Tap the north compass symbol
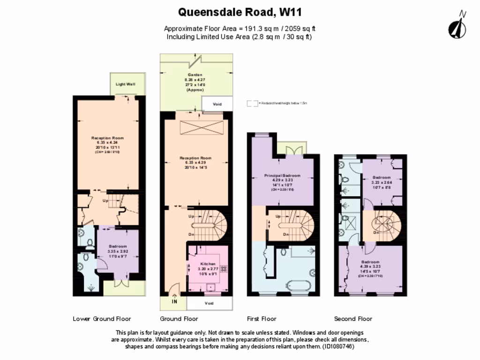click(457, 26)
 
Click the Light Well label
click(125, 84)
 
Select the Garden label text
click(195, 75)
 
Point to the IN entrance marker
click(174, 302)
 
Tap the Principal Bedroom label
click(282, 176)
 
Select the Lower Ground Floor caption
click(102, 319)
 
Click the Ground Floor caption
click(179, 319)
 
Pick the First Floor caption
click(262, 319)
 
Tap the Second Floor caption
click(353, 319)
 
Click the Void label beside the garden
click(217, 104)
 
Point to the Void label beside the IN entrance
click(210, 303)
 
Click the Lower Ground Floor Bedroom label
click(118, 247)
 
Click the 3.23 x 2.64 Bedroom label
click(381, 178)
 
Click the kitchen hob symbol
click(224, 270)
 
